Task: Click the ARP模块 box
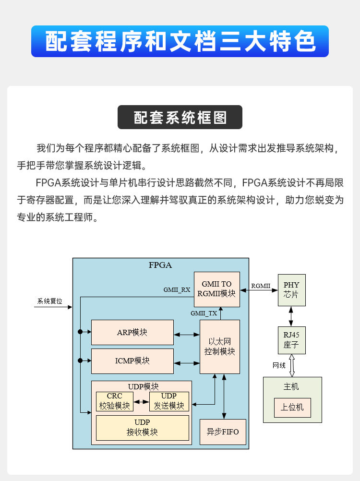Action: [x=132, y=332]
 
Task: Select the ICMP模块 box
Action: [x=132, y=361]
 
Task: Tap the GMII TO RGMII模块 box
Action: [x=216, y=289]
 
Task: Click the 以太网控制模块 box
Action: [x=219, y=347]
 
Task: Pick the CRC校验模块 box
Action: [x=114, y=401]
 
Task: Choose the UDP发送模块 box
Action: [x=169, y=401]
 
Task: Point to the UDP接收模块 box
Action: [x=142, y=427]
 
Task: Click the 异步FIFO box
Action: [x=222, y=432]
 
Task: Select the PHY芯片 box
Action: [x=291, y=289]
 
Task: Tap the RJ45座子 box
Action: [x=291, y=340]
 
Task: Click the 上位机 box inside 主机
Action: [x=292, y=408]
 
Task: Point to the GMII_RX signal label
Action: [x=177, y=290]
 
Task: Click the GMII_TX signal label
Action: [x=204, y=313]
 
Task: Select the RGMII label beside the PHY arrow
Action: [x=261, y=286]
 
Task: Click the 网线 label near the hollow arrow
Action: [x=279, y=365]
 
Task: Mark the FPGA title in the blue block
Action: [x=160, y=265]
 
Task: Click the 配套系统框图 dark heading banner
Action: [x=180, y=118]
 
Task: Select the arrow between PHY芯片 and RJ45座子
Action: [x=291, y=316]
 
